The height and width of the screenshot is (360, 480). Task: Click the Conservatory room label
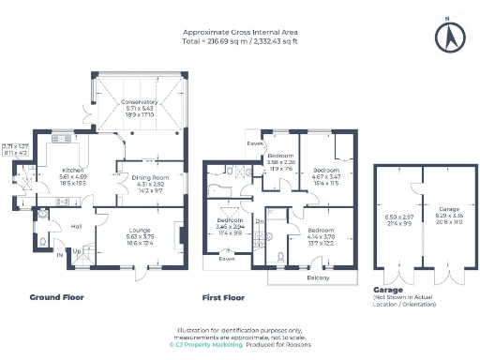(x=141, y=101)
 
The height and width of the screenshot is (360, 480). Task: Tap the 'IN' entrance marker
(x=61, y=254)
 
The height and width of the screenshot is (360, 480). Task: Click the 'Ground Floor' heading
(x=56, y=297)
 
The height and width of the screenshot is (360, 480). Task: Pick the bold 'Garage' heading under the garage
(x=387, y=290)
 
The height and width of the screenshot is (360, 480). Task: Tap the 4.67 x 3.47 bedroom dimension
(x=324, y=176)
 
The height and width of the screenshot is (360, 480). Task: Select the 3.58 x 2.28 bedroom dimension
(x=281, y=161)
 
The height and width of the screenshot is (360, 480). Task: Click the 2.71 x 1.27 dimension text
(x=16, y=147)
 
